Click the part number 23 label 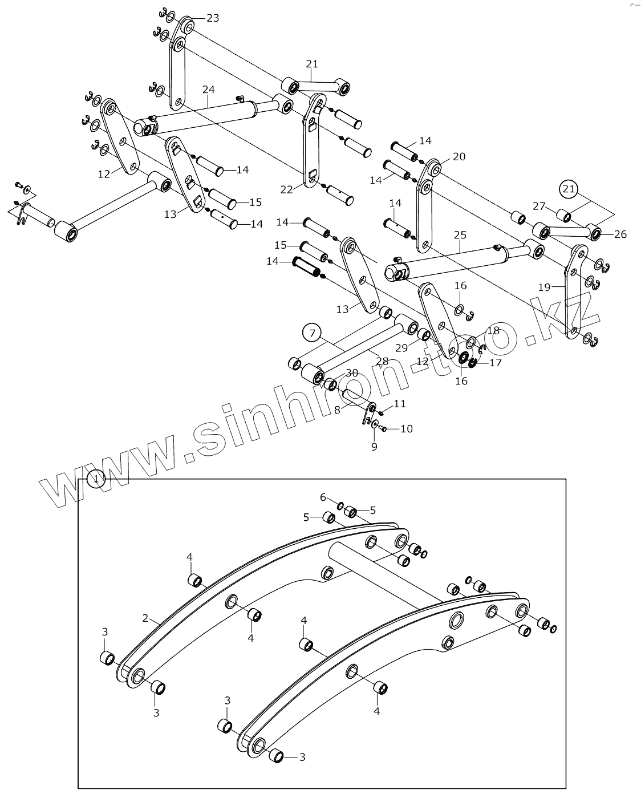[x=212, y=18]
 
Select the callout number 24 [x=208, y=90]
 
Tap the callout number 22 [x=286, y=189]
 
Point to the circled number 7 [x=312, y=332]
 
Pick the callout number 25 [x=460, y=235]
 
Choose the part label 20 [x=459, y=157]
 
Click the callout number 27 [x=539, y=206]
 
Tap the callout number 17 [x=495, y=362]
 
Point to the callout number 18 [x=493, y=331]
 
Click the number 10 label [x=406, y=429]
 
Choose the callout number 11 [x=400, y=404]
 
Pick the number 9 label [x=374, y=447]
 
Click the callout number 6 [x=323, y=497]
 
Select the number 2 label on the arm [x=145, y=618]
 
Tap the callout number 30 [x=352, y=373]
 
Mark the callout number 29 [x=401, y=347]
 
